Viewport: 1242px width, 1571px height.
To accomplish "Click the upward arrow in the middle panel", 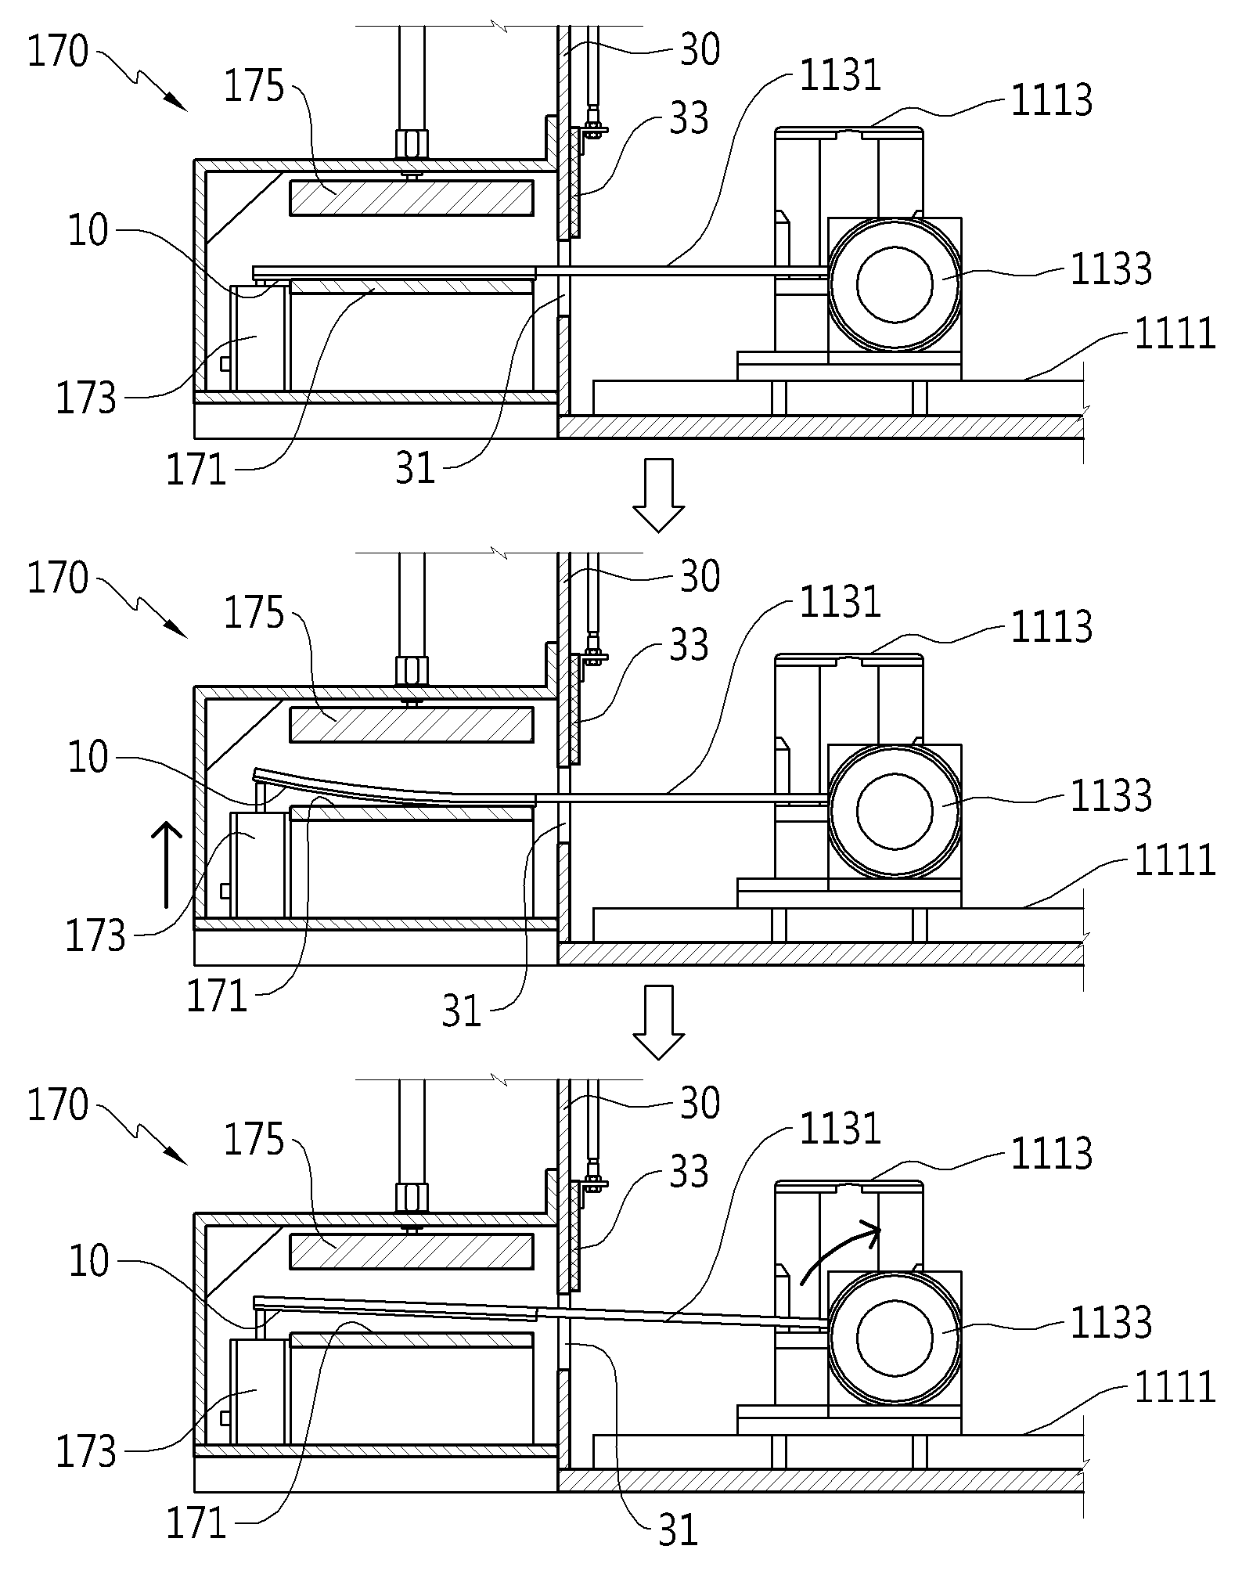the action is [x=167, y=865].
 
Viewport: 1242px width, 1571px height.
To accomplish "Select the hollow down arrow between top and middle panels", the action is [x=658, y=495].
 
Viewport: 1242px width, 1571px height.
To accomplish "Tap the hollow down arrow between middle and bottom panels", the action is [x=658, y=1022].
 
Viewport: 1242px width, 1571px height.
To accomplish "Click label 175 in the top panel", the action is [x=254, y=87].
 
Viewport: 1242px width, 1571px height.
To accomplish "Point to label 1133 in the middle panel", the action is [x=1111, y=795].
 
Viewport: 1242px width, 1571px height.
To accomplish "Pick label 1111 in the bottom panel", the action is [x=1175, y=1385].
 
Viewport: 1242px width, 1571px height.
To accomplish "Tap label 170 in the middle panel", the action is [x=58, y=579].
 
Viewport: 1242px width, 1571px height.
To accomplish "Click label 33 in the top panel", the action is [x=689, y=119].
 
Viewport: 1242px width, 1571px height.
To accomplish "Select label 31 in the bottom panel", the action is [x=678, y=1530].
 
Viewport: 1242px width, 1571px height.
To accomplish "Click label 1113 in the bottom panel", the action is [x=1051, y=1154].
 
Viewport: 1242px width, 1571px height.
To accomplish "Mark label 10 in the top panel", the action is [x=88, y=232].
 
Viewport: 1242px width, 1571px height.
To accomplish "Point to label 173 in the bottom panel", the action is [x=85, y=1451].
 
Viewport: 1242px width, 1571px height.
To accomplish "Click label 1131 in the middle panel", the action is [x=840, y=603].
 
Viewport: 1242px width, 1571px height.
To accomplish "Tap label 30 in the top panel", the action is [x=700, y=50].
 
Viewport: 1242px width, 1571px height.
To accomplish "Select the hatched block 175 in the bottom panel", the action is [x=412, y=1251].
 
